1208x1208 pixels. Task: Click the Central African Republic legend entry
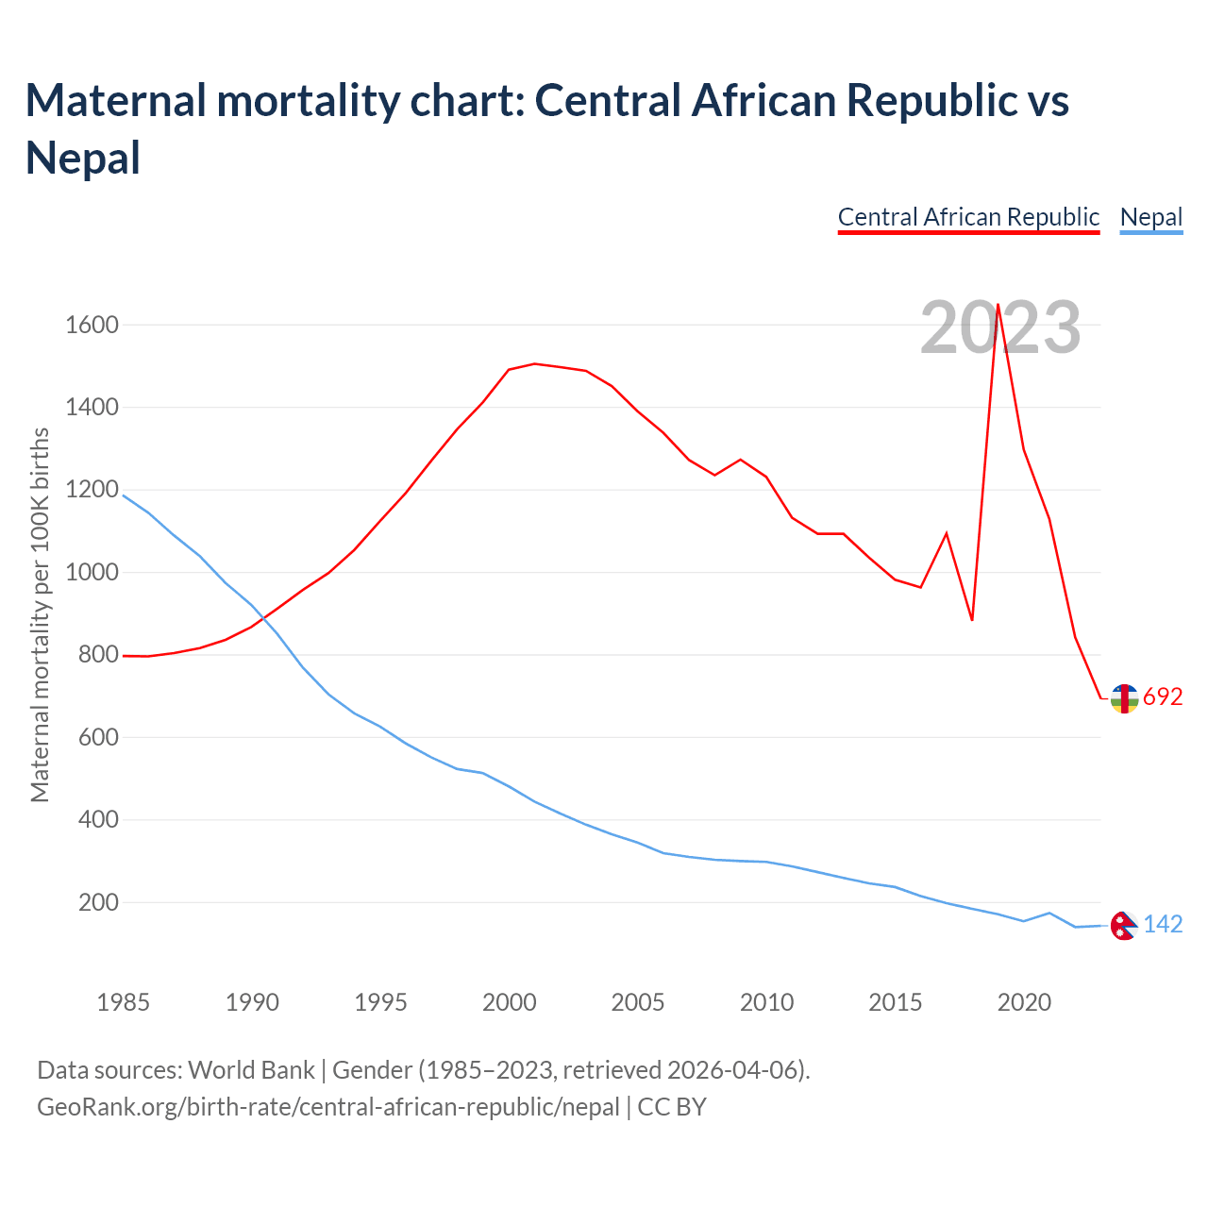point(968,217)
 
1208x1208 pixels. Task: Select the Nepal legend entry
point(1150,217)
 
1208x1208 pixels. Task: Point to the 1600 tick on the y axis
point(92,326)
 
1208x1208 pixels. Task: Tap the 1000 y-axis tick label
point(92,573)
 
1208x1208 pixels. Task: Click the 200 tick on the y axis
point(98,903)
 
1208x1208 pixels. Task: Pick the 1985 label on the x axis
point(123,1002)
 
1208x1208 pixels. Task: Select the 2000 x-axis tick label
point(509,1002)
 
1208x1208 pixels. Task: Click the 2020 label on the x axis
point(1024,1002)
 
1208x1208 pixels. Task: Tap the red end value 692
point(1163,697)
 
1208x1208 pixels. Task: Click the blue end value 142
point(1163,925)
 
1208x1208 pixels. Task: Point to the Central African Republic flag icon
point(1124,698)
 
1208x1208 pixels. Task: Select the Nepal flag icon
point(1123,926)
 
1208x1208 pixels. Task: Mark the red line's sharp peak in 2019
point(998,305)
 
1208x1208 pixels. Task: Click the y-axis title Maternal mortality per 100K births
point(40,614)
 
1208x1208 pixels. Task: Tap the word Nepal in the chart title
point(83,157)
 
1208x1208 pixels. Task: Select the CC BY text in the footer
point(672,1107)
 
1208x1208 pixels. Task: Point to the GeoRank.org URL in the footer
point(328,1107)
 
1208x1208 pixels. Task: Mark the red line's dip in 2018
point(972,620)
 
